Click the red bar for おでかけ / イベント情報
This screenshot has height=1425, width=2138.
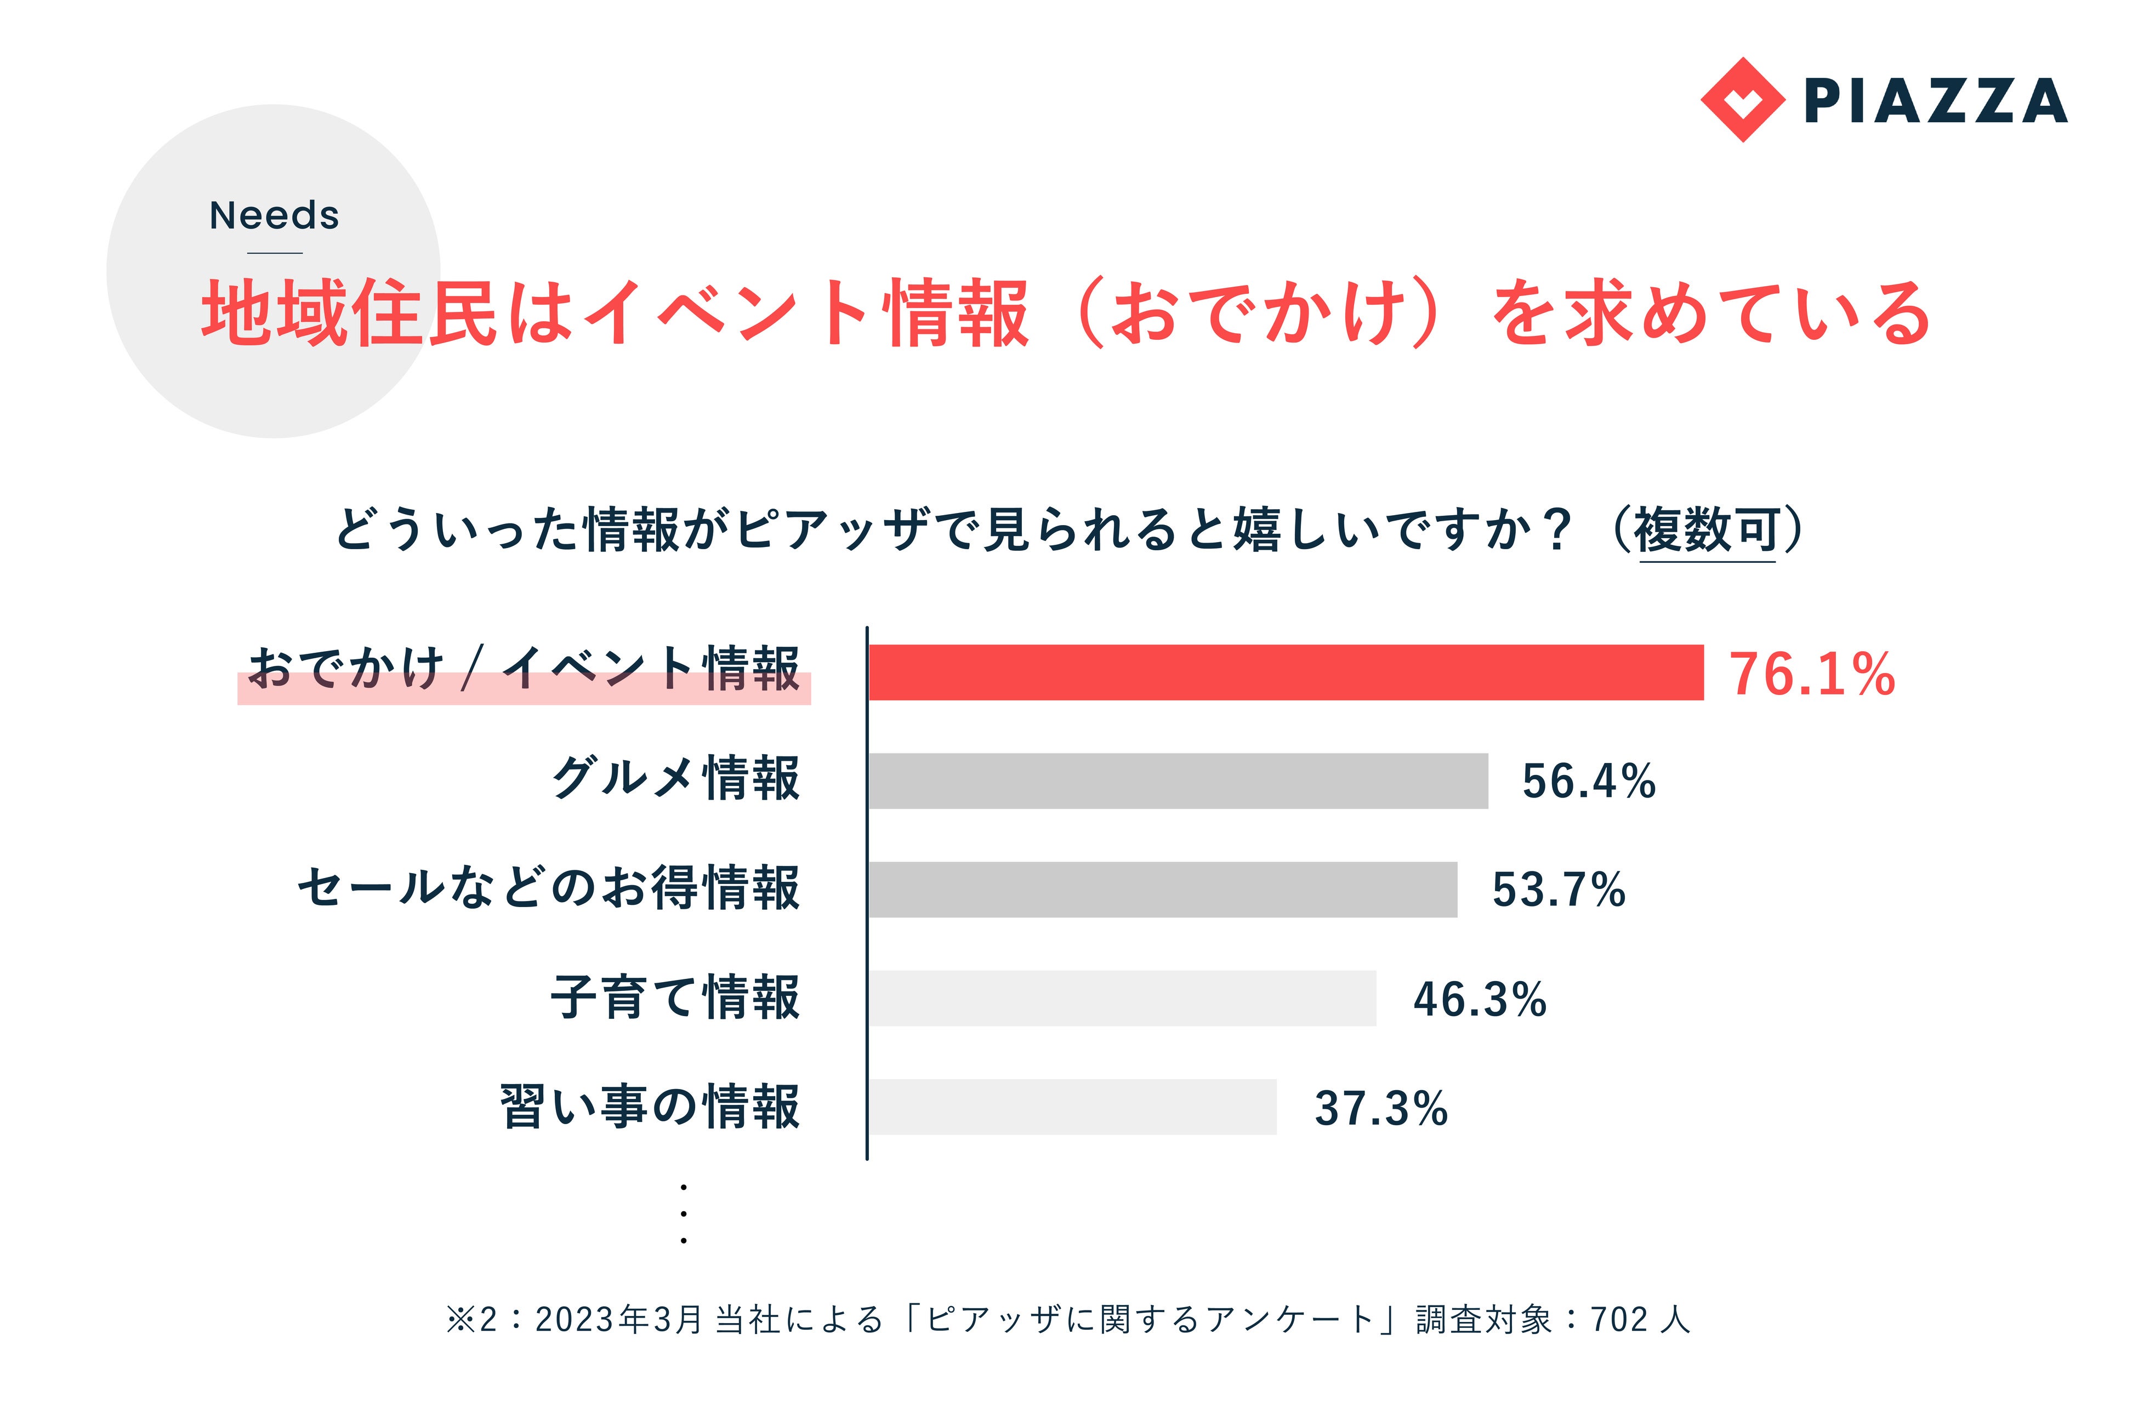(x=1286, y=672)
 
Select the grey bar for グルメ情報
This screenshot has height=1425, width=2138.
(x=1178, y=780)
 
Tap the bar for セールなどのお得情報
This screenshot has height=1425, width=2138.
(x=1163, y=890)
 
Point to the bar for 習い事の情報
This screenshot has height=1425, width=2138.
(x=1073, y=1107)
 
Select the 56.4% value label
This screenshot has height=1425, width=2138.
(x=1589, y=782)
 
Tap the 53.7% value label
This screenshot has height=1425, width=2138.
(x=1558, y=890)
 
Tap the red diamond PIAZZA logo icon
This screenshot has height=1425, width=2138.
(x=1742, y=100)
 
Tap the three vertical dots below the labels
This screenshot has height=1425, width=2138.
(x=684, y=1214)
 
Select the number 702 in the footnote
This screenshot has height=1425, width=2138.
(x=1619, y=1320)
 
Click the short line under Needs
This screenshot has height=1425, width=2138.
(x=275, y=253)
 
